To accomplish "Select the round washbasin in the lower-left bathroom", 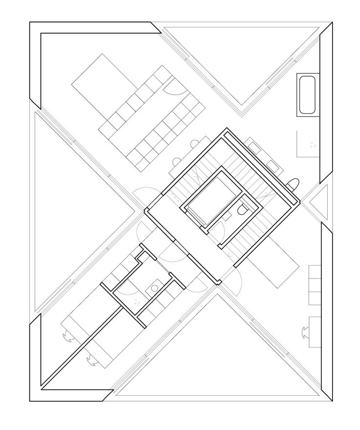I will (155, 287).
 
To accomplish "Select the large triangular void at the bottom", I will (215, 357).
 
